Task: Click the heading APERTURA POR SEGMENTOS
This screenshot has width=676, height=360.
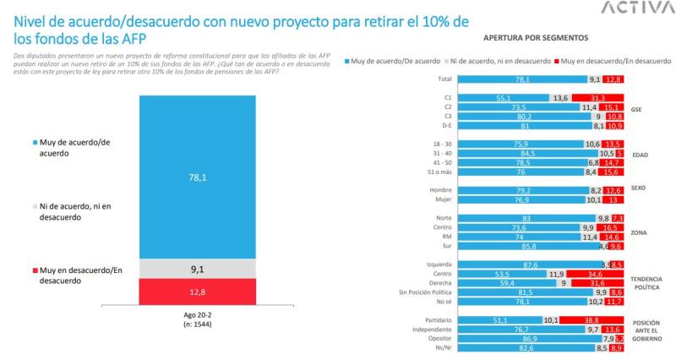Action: pos(530,39)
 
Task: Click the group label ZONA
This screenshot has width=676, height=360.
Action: pos(640,231)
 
